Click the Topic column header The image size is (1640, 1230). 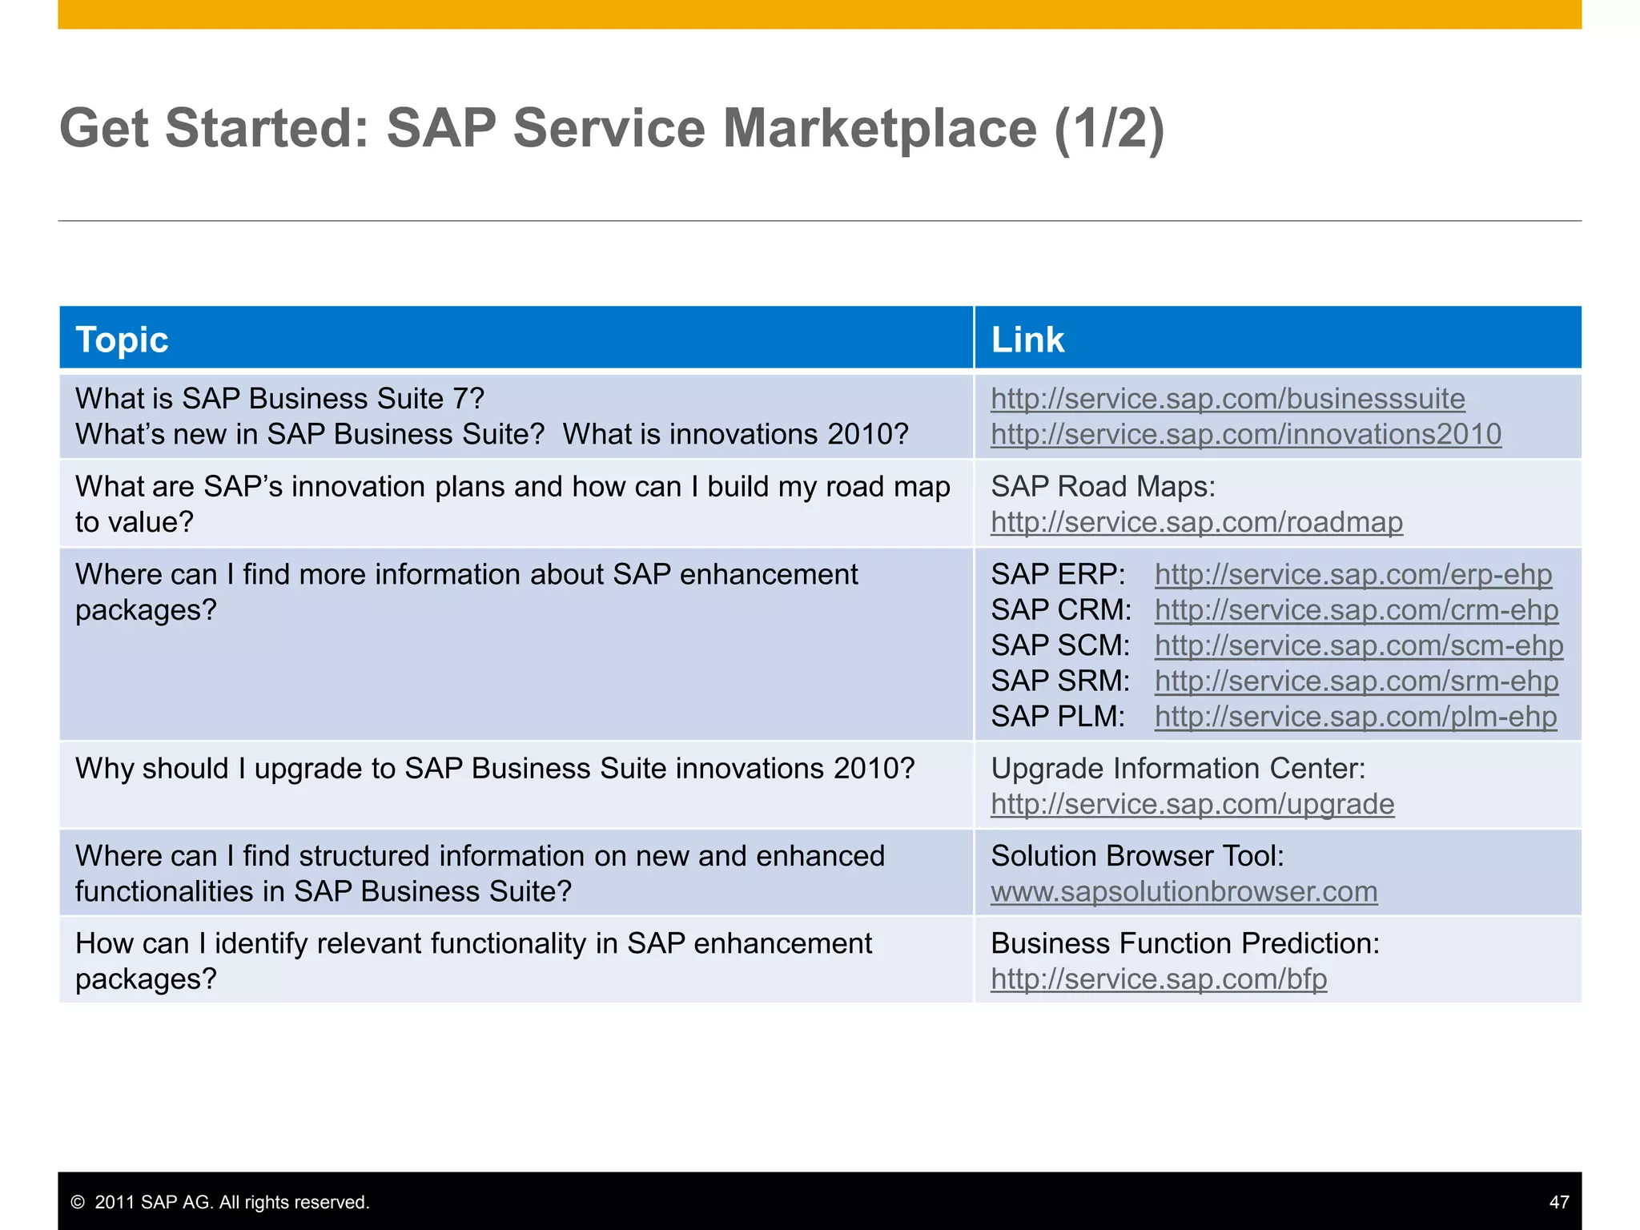pyautogui.click(x=122, y=340)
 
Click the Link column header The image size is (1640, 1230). pyautogui.click(x=1027, y=340)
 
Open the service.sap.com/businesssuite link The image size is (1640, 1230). pyautogui.click(x=1228, y=399)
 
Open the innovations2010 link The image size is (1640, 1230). pyautogui.click(x=1246, y=434)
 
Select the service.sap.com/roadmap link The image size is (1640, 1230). pyautogui.click(x=1196, y=522)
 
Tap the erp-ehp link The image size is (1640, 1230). pyautogui.click(x=1353, y=574)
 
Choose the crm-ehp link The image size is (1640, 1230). pyautogui.click(x=1357, y=610)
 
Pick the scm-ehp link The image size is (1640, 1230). pyautogui.click(x=1359, y=645)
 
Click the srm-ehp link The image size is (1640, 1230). pyautogui.click(x=1357, y=681)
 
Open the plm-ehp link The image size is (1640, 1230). pyautogui.click(x=1356, y=716)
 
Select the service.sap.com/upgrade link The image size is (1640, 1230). pyautogui.click(x=1192, y=804)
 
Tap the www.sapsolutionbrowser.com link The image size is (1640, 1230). pyautogui.click(x=1184, y=891)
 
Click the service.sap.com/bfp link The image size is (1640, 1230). pyautogui.click(x=1159, y=979)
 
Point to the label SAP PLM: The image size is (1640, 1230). pyautogui.click(x=1058, y=716)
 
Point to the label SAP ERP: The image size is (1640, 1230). pyautogui.click(x=1058, y=574)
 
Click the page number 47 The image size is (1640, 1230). pyautogui.click(x=1558, y=1202)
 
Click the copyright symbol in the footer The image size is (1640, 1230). pyautogui.click(x=78, y=1202)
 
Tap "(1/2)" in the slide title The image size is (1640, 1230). pyautogui.click(x=1109, y=128)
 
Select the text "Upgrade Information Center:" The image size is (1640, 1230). pyautogui.click(x=1178, y=769)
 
